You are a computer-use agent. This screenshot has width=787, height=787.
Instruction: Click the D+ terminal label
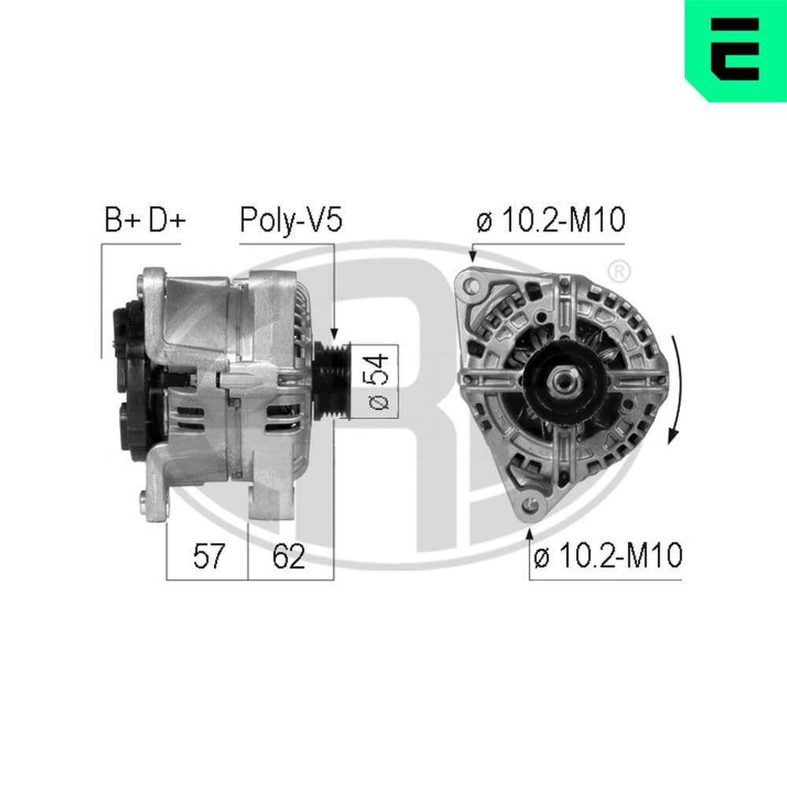point(165,221)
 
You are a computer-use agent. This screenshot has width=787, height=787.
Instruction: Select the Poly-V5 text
point(290,221)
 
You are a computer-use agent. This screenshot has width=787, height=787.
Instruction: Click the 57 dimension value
point(209,557)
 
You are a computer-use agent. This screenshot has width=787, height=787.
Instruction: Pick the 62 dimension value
point(288,557)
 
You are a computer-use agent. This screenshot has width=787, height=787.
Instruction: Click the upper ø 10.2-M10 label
point(550,221)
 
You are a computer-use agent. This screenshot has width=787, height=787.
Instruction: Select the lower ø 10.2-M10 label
point(607,557)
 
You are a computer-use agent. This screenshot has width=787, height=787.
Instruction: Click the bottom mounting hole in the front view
point(531,504)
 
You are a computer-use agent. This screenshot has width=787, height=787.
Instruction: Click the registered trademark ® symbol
point(619,272)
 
